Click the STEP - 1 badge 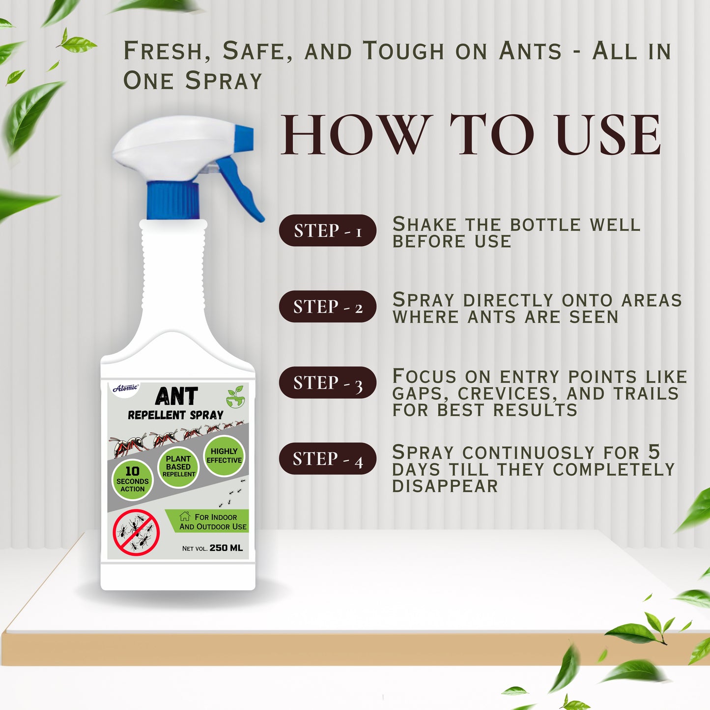click(327, 230)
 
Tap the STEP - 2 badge click(327, 307)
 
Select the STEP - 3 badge click(327, 383)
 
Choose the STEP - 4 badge click(327, 459)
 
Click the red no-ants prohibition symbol click(136, 533)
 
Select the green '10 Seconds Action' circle click(132, 479)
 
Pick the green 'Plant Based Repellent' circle click(178, 466)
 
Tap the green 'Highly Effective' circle click(224, 455)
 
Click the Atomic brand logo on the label click(126, 388)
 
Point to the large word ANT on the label click(176, 396)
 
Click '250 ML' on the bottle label click(226, 548)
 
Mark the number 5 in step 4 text click(653, 452)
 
